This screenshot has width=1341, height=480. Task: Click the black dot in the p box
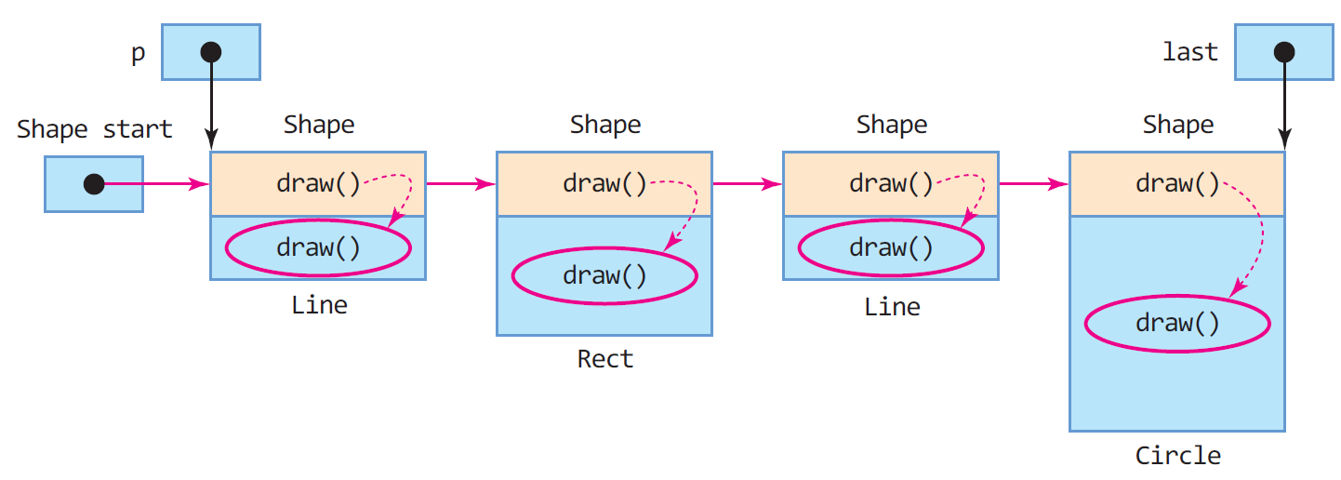(211, 52)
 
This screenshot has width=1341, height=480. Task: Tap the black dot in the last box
(1284, 52)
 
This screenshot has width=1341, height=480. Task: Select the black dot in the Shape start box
(94, 184)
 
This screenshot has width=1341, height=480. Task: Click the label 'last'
(1190, 52)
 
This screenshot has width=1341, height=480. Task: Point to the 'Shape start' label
(95, 128)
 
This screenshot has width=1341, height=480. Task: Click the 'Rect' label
(605, 359)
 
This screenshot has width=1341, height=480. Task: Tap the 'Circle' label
(1178, 456)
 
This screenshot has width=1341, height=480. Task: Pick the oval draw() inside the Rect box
(604, 275)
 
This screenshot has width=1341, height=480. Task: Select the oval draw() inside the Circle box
(1177, 324)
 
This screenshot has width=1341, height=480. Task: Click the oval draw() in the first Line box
(318, 247)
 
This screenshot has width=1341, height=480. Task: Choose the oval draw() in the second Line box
(891, 247)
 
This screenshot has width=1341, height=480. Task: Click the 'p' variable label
(138, 53)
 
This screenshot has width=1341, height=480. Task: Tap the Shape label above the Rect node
(605, 125)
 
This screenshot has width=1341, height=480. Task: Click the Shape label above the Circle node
(1178, 125)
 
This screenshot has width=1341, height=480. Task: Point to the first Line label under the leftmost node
(319, 305)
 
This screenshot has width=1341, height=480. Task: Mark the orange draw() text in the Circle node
(1177, 183)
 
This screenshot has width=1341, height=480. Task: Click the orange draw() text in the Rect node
(604, 183)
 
